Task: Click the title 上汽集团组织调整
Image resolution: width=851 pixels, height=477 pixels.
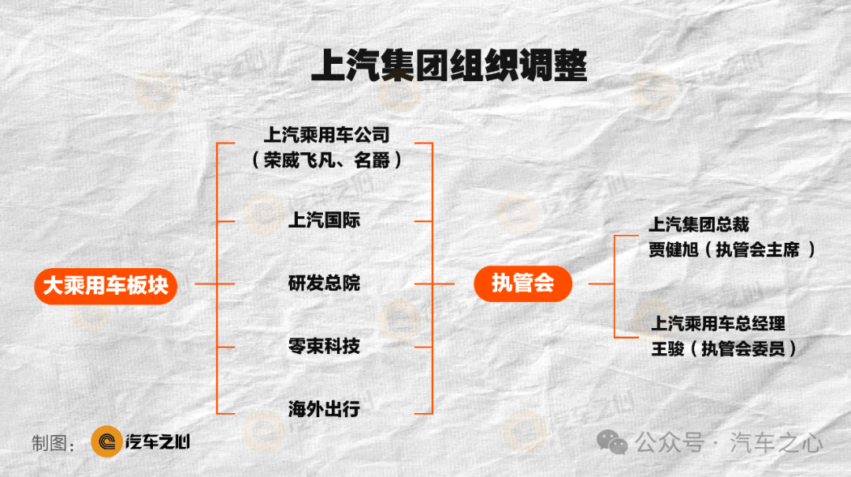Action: pyautogui.click(x=449, y=65)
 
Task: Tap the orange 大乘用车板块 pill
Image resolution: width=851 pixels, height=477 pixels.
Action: pyautogui.click(x=106, y=285)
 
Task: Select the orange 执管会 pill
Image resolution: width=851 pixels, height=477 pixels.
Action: pyautogui.click(x=522, y=284)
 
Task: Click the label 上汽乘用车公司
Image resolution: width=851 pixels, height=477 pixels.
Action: pyautogui.click(x=327, y=135)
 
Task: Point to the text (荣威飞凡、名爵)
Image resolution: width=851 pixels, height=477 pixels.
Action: pyautogui.click(x=327, y=160)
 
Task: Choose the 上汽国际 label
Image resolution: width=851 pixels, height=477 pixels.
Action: pyautogui.click(x=324, y=220)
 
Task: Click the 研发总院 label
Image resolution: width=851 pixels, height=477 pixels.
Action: pyautogui.click(x=324, y=283)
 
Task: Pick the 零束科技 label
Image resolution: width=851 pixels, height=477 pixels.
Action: pyautogui.click(x=324, y=346)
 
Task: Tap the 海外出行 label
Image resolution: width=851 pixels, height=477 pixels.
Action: pyautogui.click(x=324, y=409)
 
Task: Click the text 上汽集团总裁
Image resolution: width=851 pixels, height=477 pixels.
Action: pyautogui.click(x=699, y=225)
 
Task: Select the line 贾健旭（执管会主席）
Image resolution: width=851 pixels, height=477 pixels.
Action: pyautogui.click(x=732, y=250)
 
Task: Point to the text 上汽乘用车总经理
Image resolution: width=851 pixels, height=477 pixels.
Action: pyautogui.click(x=718, y=324)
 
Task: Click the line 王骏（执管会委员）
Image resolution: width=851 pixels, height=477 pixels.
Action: pyautogui.click(x=724, y=348)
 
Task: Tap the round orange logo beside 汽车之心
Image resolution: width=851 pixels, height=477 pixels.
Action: pyautogui.click(x=106, y=442)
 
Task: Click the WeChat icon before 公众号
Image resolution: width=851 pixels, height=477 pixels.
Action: pyautogui.click(x=612, y=443)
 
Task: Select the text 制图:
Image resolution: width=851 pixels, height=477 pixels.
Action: pyautogui.click(x=53, y=443)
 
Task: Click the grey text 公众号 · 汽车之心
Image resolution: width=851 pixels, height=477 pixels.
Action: pyautogui.click(x=729, y=443)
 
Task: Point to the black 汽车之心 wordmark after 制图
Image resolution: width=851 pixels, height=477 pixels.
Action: pyautogui.click(x=158, y=442)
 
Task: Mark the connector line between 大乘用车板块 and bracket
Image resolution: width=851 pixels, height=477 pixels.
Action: pyautogui.click(x=206, y=284)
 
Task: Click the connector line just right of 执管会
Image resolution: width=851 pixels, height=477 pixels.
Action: pyautogui.click(x=601, y=284)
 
